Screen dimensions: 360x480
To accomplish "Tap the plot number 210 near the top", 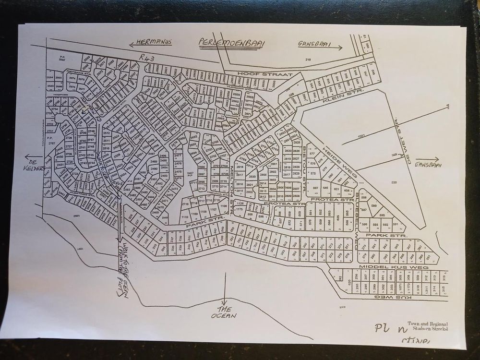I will pos(308,59).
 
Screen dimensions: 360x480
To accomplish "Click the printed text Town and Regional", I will pos(427,323).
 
